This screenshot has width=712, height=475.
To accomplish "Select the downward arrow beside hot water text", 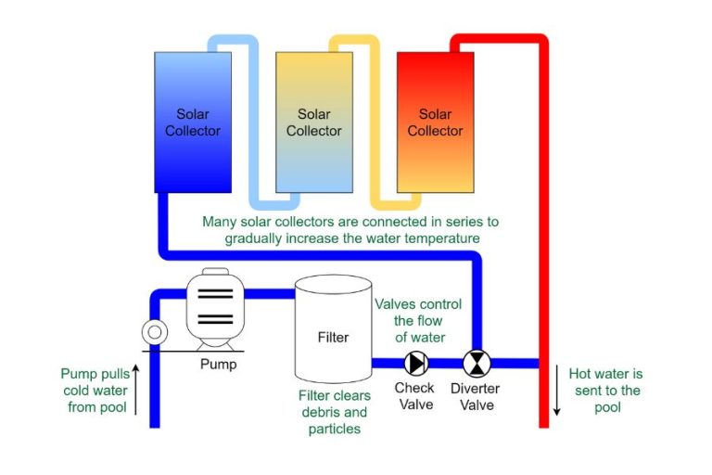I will [x=558, y=390].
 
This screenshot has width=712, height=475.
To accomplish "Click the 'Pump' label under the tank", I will [x=218, y=364].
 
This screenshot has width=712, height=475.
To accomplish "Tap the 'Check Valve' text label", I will [x=414, y=395].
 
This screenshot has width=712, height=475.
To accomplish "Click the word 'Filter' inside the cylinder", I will [x=333, y=337].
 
